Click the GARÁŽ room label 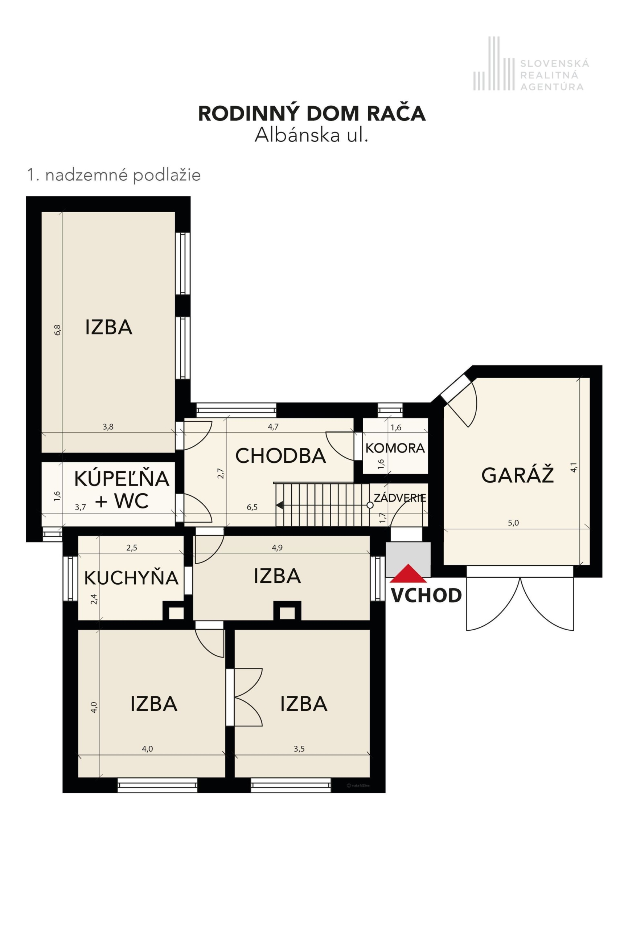coord(517,475)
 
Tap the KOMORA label coord(395,448)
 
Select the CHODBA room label coord(280,456)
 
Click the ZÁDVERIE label coord(400,498)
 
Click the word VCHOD coord(426,596)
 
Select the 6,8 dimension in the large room coord(58,330)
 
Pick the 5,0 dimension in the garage coord(513,523)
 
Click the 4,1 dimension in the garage coord(574,467)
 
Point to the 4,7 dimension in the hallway coord(273,427)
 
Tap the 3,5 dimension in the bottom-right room coord(299,749)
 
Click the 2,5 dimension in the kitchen coord(132,548)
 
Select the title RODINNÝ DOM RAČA coord(312,114)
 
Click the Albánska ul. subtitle coord(312,135)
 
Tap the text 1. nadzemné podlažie coord(114,175)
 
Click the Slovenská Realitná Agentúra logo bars coord(493,64)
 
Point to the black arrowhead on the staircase coord(280,505)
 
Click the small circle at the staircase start coord(370,505)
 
